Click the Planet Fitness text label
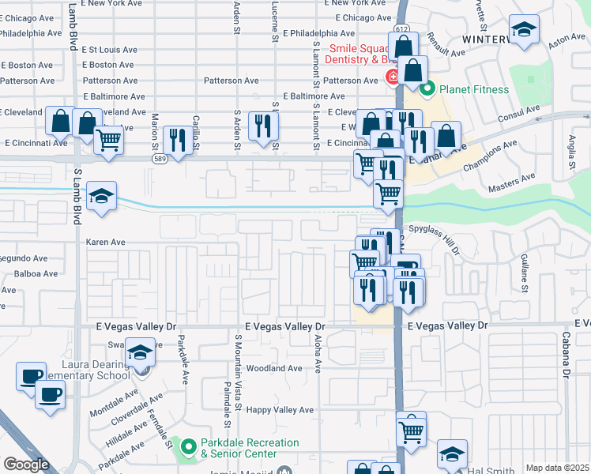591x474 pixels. click(474, 89)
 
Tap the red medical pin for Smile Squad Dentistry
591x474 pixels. click(391, 77)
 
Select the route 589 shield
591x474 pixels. click(159, 159)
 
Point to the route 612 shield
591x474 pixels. click(402, 29)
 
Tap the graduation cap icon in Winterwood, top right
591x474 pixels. click(523, 31)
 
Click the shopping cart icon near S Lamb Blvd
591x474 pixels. click(108, 140)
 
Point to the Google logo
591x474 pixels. click(26, 465)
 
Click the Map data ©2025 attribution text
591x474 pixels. click(557, 468)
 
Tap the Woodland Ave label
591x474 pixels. click(274, 368)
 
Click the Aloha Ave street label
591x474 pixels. click(318, 352)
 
